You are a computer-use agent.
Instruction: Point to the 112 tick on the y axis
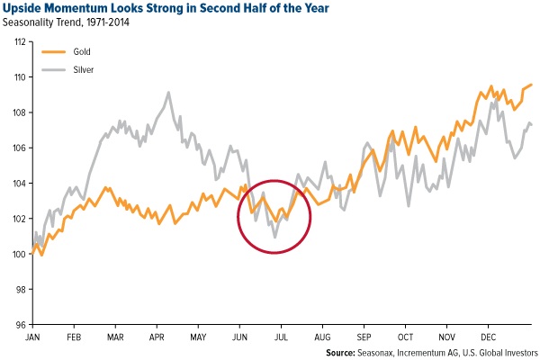[x=19, y=41]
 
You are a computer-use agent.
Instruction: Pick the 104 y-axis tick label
[x=19, y=183]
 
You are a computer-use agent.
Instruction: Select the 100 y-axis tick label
[x=19, y=254]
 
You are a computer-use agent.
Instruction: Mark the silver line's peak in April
[x=168, y=92]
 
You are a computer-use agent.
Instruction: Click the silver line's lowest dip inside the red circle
[x=274, y=237]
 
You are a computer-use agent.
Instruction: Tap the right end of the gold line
[x=532, y=85]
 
